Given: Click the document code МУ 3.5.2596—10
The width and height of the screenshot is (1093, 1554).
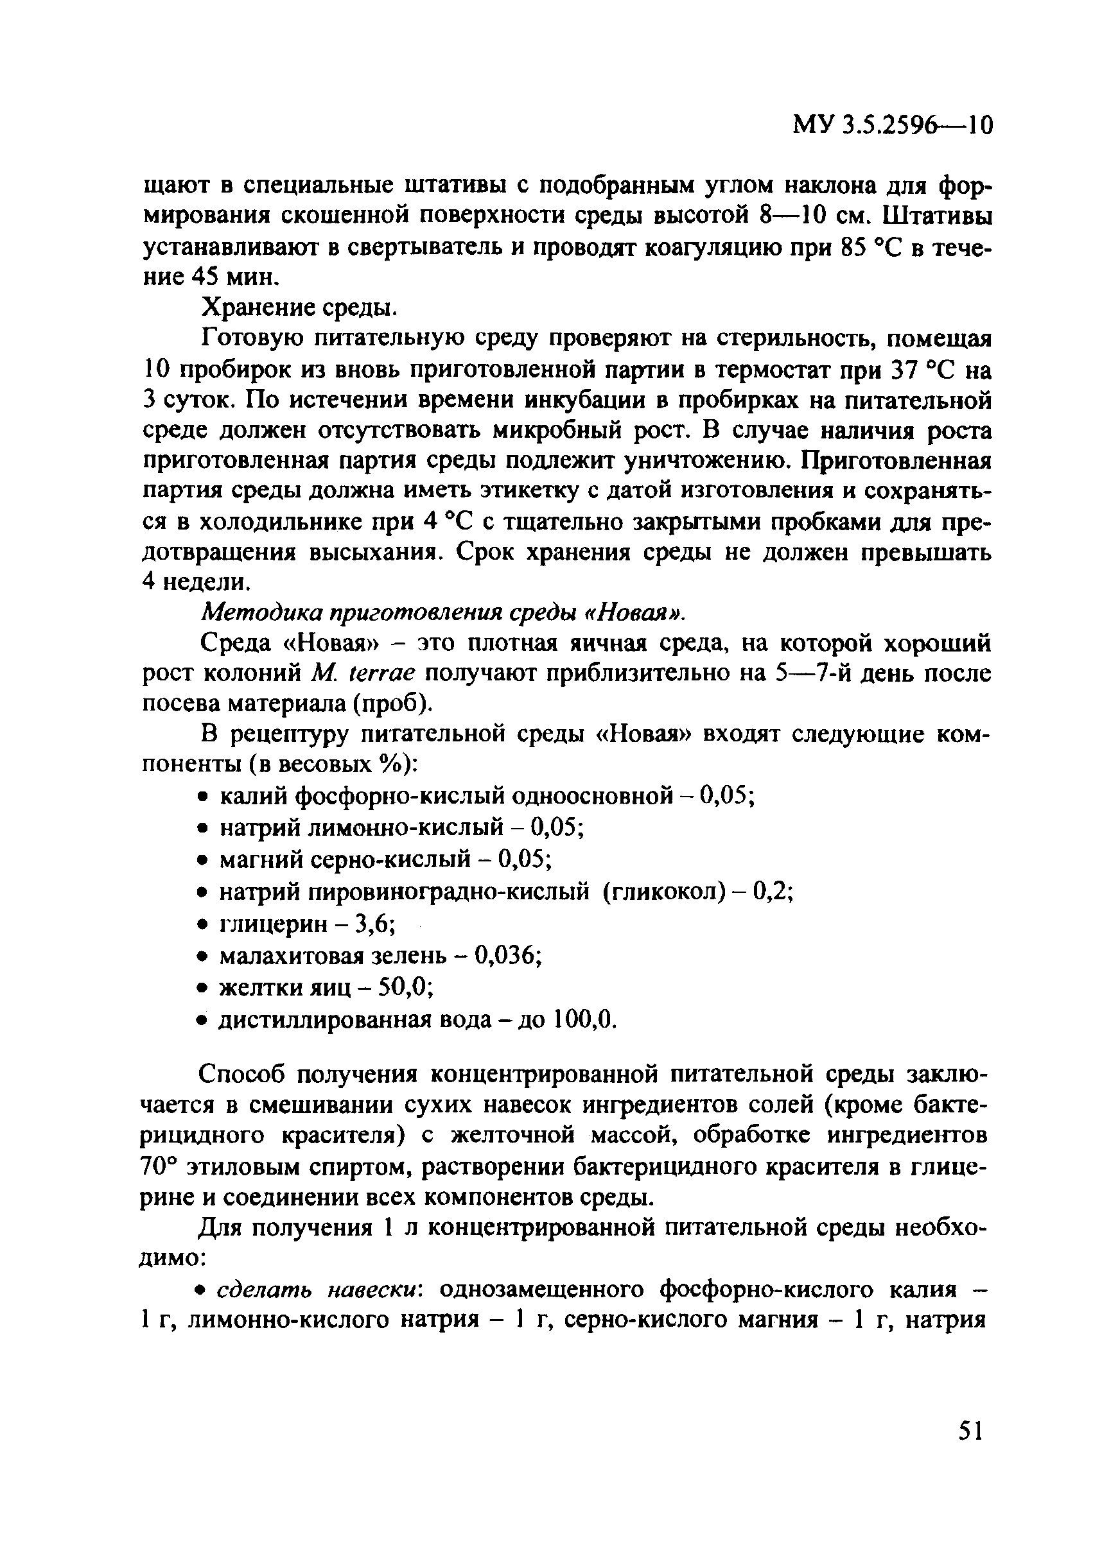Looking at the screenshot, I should [892, 125].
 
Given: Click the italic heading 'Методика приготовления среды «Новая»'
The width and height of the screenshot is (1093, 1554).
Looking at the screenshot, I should [444, 612].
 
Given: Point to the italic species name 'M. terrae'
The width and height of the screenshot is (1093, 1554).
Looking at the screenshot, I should [365, 673].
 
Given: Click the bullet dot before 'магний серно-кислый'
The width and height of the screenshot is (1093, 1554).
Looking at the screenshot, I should [202, 861].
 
